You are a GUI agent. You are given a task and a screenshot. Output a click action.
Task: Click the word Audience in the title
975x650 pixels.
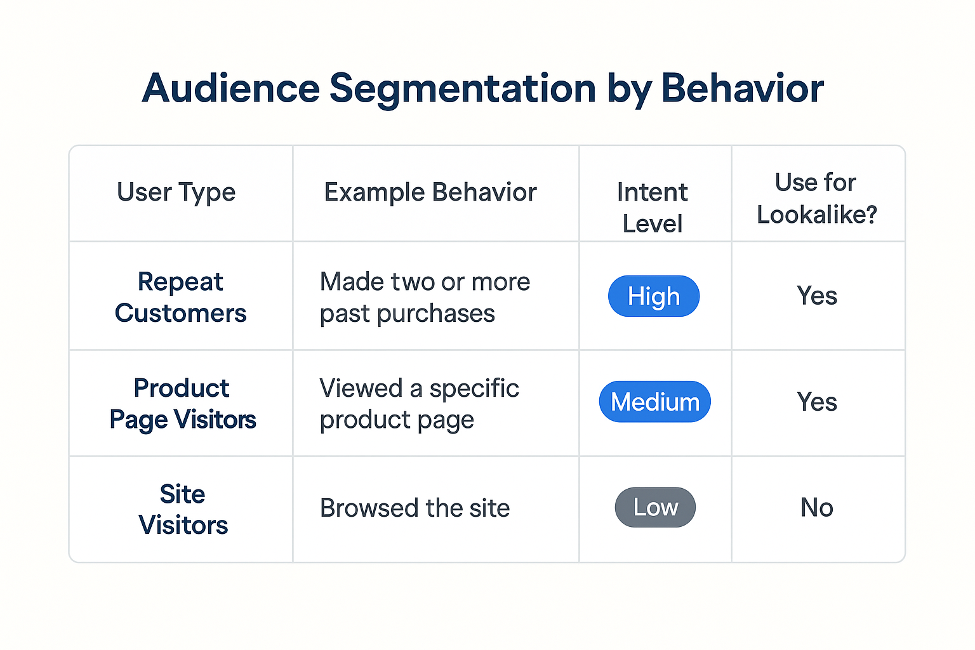coord(231,88)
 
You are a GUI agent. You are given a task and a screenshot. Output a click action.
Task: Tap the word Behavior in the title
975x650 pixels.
coord(742,88)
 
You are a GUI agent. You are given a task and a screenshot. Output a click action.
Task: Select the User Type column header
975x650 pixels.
coord(176,192)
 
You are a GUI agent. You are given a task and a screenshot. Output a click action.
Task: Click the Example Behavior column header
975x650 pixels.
coord(430,192)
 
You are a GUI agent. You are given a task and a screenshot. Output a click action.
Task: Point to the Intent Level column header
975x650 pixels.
coord(653,208)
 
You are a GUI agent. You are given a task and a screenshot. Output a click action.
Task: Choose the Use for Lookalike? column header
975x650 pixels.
coord(816,198)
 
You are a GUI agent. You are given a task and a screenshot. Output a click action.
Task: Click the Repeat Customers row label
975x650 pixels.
coord(180,297)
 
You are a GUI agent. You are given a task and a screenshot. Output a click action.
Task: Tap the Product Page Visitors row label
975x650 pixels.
coord(182,404)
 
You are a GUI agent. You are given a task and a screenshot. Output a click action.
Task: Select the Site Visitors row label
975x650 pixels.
coord(183,509)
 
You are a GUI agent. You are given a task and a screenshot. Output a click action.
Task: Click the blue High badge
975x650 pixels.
coord(654,296)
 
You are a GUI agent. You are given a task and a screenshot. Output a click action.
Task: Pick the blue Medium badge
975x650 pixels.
coord(655,402)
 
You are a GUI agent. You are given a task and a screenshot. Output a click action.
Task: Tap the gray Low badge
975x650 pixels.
coord(655,507)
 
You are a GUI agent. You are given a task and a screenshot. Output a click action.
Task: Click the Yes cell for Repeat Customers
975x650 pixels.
coord(817,296)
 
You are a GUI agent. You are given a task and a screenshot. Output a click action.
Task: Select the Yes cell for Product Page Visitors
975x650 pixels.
coord(817,402)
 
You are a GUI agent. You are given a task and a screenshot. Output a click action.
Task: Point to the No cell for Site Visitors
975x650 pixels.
coord(817,507)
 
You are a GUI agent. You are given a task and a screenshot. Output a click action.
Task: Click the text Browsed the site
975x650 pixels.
coord(415,508)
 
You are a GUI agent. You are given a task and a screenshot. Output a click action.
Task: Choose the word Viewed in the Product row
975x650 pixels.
coord(361,388)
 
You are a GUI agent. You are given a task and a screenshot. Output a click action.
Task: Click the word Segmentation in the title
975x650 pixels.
coord(463,88)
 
